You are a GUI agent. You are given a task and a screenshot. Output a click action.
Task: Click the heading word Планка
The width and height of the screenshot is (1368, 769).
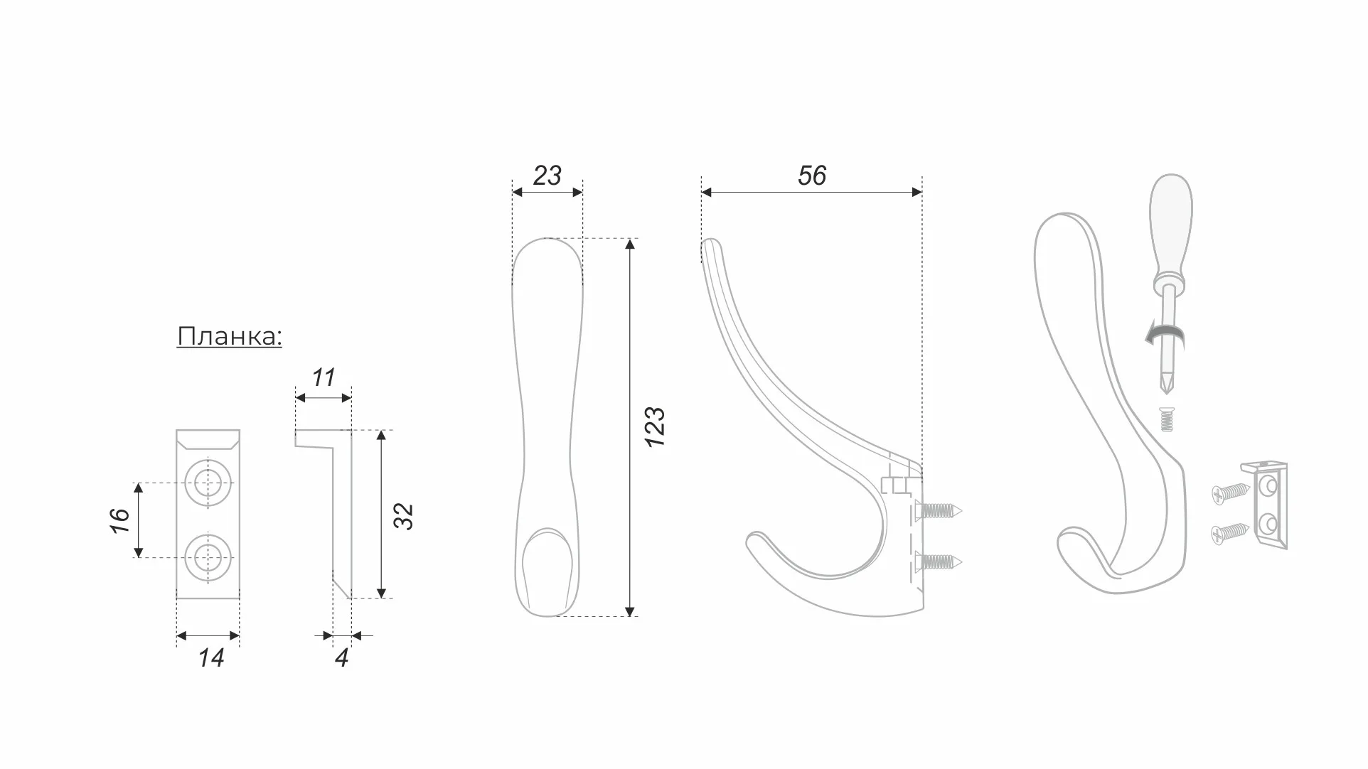coord(228,336)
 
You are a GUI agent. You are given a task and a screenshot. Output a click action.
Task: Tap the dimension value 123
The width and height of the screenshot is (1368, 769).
coord(655,426)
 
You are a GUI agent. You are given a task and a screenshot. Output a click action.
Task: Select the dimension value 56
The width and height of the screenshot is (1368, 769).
coord(812,176)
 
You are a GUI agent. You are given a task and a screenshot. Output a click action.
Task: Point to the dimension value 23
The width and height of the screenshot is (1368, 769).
coord(547,176)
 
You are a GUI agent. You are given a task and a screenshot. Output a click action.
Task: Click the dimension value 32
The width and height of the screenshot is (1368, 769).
coord(403,515)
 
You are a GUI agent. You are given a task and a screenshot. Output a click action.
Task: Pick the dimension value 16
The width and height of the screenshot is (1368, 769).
coord(119,520)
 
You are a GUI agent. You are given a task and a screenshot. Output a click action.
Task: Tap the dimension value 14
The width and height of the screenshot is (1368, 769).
coord(210,658)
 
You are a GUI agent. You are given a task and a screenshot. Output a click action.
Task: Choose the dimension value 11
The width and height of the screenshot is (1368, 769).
coord(324,377)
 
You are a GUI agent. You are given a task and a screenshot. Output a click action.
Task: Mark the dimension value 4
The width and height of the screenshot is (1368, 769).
coord(341,658)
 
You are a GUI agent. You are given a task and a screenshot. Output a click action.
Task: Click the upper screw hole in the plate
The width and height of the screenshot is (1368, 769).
coord(208,483)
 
